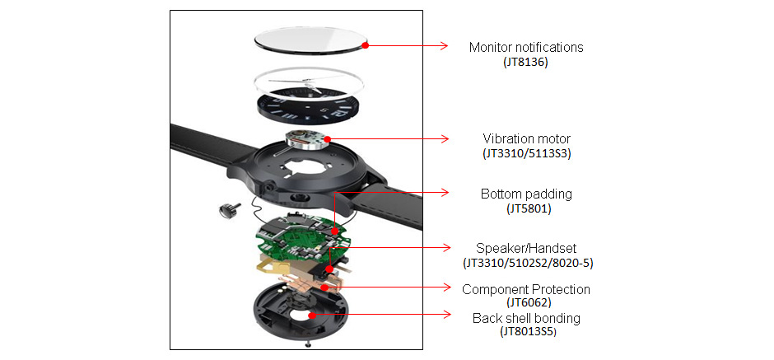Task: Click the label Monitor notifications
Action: [525, 47]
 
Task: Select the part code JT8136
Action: [525, 62]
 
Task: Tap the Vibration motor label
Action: [526, 138]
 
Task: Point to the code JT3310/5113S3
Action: [526, 153]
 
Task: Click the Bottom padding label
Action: [526, 194]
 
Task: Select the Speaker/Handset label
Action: [526, 248]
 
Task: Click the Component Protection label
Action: [526, 289]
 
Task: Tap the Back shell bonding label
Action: [526, 318]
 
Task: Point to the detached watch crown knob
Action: [226, 210]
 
